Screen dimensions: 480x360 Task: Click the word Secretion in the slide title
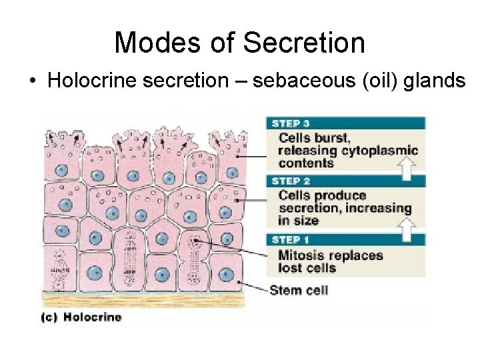coord(304,43)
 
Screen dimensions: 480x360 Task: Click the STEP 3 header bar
coord(345,123)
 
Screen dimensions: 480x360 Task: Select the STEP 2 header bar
coord(345,181)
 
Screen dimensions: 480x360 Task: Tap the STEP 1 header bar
coord(345,239)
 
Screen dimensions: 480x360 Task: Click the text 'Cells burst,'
coord(314,138)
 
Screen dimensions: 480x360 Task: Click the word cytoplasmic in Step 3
coord(379,151)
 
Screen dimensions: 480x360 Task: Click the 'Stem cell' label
coord(299,290)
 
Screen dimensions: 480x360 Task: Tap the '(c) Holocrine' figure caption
coord(81,317)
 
